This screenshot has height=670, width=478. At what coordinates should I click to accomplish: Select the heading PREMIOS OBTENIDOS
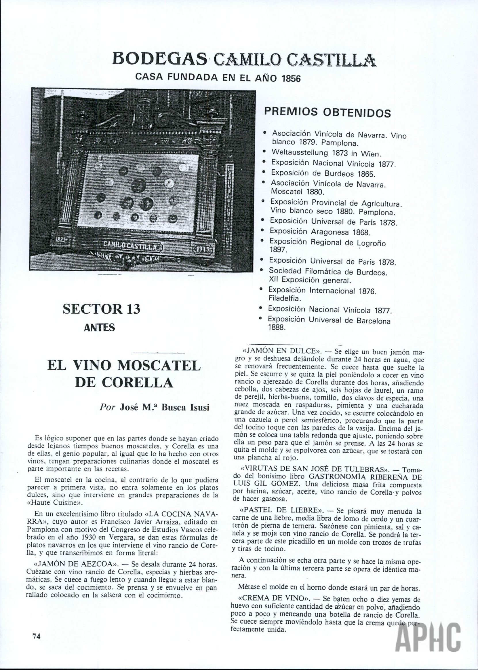(x=327, y=112)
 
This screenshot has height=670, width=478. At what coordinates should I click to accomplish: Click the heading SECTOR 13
(x=102, y=309)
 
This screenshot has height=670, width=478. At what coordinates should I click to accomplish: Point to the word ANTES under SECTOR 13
(x=100, y=327)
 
